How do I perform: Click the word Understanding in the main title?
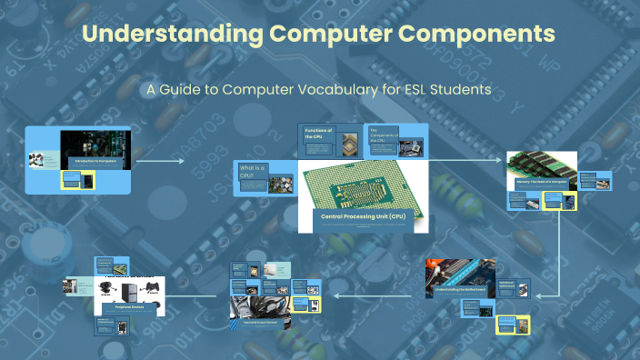click(158, 35)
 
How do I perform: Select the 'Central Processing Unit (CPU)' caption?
click(361, 215)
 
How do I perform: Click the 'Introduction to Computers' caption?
click(96, 161)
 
